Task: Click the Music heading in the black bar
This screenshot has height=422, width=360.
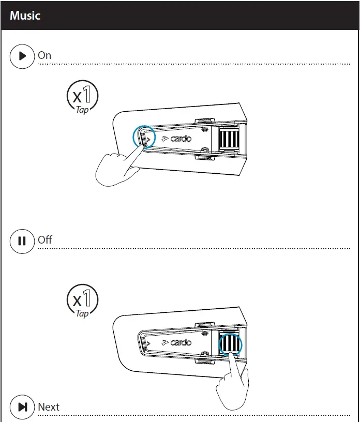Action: click(x=25, y=15)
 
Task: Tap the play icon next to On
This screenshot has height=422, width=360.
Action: click(x=22, y=56)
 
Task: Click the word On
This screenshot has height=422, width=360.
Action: click(x=44, y=55)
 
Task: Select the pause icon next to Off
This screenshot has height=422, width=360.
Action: click(x=22, y=241)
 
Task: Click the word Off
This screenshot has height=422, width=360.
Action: click(x=45, y=240)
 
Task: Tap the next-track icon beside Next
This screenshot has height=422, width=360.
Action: click(x=22, y=408)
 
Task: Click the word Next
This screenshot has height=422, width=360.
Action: click(x=49, y=407)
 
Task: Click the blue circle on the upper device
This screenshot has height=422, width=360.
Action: click(x=144, y=137)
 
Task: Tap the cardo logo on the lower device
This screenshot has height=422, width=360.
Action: click(x=176, y=342)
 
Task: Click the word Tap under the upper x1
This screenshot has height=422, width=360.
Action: click(x=82, y=110)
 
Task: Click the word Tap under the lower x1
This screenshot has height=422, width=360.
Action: click(x=82, y=313)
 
